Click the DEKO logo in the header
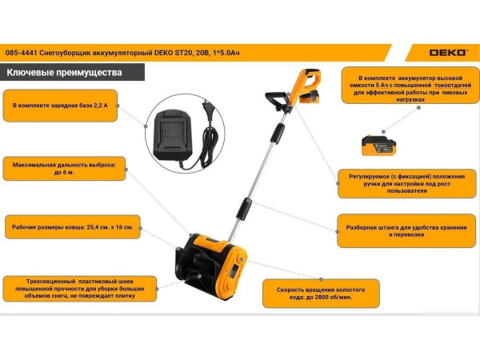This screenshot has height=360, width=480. pos(448,53)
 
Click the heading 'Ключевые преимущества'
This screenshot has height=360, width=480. pos(64,73)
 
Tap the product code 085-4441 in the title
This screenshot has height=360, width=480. pos(21,53)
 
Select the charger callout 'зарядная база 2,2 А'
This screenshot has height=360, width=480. pos(60,106)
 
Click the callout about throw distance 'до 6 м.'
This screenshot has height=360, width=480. pos(64,169)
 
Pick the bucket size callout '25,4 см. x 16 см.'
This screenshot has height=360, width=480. pos(73,227)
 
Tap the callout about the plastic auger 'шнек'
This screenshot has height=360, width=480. pos(80,289)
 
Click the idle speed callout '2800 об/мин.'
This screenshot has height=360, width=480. pos(321,294)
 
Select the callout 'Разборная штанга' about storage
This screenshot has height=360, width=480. pos(406,231)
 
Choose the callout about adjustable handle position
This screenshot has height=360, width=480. pos(407,184)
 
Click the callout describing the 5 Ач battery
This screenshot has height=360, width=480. pos(410,86)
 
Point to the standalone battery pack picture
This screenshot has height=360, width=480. pos(378,146)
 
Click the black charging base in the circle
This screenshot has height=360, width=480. pos(173,134)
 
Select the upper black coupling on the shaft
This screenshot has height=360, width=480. pos(278,134)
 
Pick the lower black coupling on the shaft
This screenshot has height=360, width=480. pos(244,209)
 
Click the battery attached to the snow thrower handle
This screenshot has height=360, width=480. pos(310,97)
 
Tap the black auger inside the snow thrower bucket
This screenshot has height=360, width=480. pos(196,270)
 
